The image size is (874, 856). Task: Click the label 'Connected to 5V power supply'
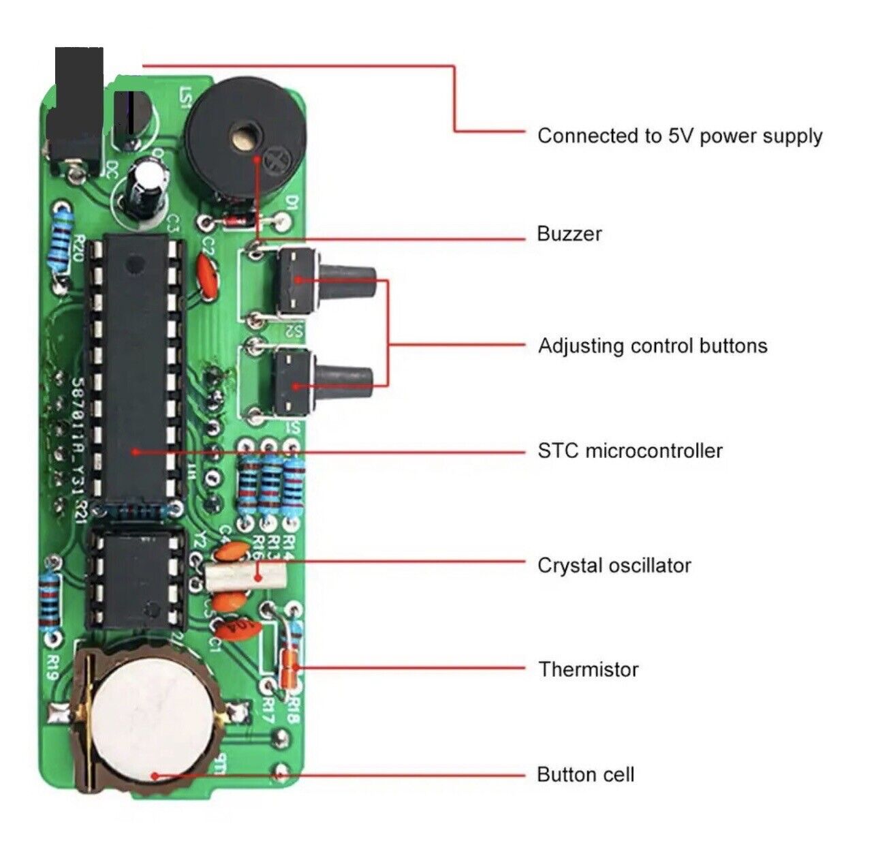pos(679,136)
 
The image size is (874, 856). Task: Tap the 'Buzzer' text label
pos(569,234)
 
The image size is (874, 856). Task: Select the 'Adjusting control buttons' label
pos(652,346)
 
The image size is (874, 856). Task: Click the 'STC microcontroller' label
pos(629,450)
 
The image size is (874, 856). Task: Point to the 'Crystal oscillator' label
pos(614,565)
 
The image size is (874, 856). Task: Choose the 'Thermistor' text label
pos(588,669)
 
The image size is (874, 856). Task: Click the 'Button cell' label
pos(585,774)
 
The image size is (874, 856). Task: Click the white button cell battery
pos(154,719)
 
